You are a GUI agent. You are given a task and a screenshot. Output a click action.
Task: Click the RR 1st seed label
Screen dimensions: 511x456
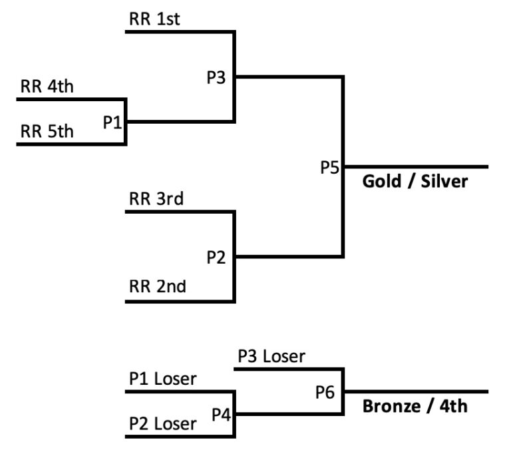[154, 19]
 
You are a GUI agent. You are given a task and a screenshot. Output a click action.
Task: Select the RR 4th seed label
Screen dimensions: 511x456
[47, 87]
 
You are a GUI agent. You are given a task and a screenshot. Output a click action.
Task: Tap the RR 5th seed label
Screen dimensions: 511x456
[47, 131]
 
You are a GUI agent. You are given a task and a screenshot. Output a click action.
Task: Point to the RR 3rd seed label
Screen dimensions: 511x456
[156, 198]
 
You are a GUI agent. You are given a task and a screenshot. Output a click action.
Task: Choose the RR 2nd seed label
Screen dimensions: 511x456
[158, 286]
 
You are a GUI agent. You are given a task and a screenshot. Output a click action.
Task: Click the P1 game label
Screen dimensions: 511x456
[112, 122]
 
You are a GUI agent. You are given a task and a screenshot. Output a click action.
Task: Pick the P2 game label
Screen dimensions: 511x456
[216, 257]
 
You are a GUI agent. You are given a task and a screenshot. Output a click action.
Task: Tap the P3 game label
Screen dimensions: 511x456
[216, 78]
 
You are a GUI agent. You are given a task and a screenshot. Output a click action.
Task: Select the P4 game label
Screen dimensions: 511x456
[222, 415]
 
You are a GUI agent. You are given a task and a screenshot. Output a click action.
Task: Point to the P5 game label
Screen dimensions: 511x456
[330, 168]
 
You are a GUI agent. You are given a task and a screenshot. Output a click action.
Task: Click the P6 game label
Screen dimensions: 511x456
[325, 392]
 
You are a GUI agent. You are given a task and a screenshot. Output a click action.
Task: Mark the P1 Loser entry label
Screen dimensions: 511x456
[163, 379]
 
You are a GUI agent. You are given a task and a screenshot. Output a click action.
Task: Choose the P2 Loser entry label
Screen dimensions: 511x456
[163, 424]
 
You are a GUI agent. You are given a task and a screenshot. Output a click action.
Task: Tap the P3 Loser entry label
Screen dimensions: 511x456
[271, 356]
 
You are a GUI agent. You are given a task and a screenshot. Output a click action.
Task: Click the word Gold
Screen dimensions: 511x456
[382, 181]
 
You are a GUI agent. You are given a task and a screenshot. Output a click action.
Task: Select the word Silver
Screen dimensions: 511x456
[444, 181]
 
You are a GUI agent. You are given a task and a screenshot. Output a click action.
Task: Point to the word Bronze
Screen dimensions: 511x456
[391, 406]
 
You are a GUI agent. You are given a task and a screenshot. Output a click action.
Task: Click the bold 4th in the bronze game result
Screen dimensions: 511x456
[454, 406]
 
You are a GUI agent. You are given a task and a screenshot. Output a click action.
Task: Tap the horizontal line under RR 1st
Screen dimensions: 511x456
[180, 32]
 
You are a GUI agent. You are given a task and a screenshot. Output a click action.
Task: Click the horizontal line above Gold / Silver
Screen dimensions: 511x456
[416, 167]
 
